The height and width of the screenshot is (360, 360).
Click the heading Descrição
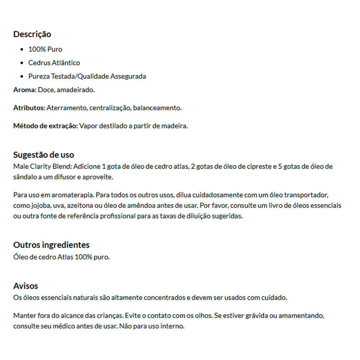[32, 34]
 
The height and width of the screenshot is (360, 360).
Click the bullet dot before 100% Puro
[22, 49]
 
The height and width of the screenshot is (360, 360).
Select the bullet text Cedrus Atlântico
[54, 63]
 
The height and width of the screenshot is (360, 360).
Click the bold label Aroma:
[25, 90]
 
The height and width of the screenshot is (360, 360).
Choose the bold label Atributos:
[29, 108]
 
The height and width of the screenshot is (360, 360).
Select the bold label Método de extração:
[45, 126]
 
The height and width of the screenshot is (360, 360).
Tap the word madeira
[176, 126]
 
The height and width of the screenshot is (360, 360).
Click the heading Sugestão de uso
[44, 155]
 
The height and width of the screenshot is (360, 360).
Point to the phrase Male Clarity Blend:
[42, 166]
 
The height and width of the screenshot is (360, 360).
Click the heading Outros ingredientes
[51, 245]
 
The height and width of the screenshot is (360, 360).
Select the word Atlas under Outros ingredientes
[65, 257]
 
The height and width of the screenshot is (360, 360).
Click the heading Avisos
[26, 286]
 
